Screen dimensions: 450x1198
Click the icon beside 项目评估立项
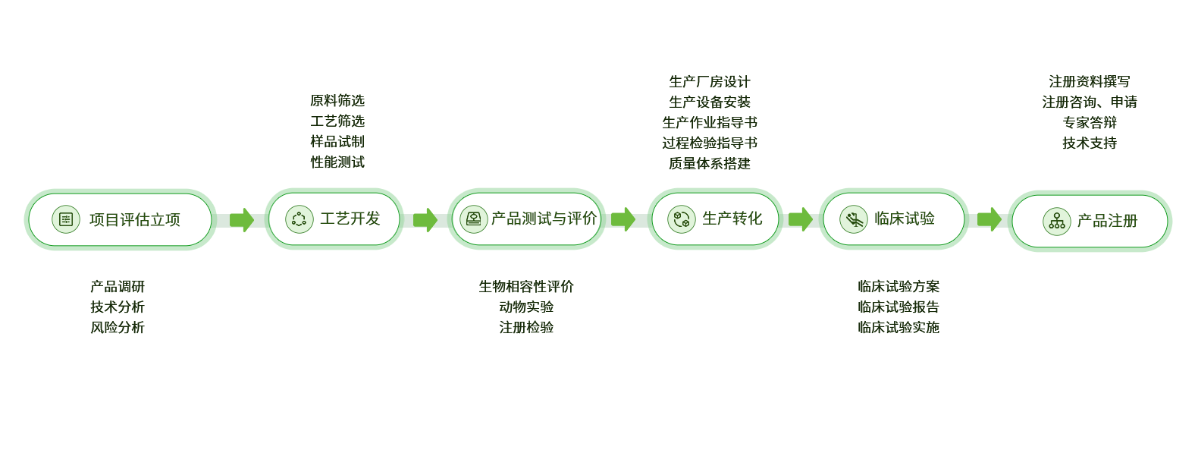click(x=66, y=219)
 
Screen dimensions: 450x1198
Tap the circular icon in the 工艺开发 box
click(x=299, y=219)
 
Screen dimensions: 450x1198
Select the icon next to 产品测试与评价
click(x=474, y=219)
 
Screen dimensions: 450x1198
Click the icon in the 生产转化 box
click(x=682, y=220)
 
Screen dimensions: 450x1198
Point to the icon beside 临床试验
click(x=854, y=219)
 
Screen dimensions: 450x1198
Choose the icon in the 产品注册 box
click(x=1057, y=222)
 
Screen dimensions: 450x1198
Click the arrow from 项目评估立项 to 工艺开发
click(x=241, y=220)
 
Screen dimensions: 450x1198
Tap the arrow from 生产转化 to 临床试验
click(x=800, y=219)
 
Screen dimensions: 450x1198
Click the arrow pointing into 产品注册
click(x=989, y=219)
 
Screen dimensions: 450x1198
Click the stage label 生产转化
click(x=732, y=219)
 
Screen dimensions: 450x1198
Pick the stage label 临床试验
click(x=905, y=219)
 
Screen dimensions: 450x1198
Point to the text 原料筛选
click(x=337, y=101)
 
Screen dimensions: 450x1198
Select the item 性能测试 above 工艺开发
click(x=337, y=162)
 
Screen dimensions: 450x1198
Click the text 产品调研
click(x=118, y=287)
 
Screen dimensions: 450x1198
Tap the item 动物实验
click(x=526, y=307)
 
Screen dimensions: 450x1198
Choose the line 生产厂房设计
click(x=710, y=82)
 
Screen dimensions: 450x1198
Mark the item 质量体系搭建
click(x=710, y=162)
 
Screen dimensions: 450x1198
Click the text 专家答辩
click(x=1090, y=122)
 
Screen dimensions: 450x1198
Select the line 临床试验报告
click(x=898, y=307)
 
